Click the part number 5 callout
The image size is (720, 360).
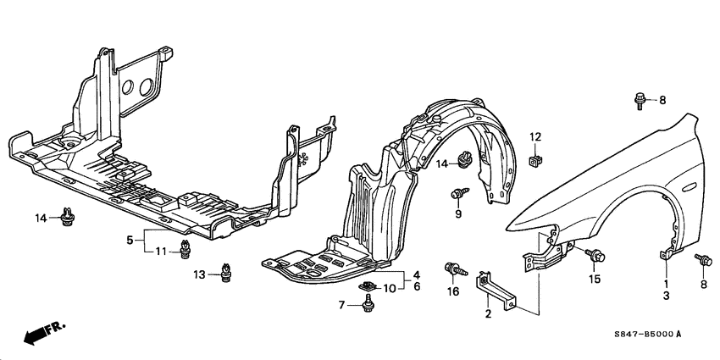pos(130,240)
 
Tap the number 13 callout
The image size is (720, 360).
pos(199,274)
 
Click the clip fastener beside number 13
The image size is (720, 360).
pos(226,272)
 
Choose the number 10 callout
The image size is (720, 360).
pos(389,289)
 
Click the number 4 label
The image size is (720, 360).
pos(416,275)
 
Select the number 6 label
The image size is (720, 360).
pos(416,288)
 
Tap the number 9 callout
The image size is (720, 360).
pos(457,215)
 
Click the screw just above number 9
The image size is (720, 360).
pos(458,195)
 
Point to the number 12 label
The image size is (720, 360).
pos(534,136)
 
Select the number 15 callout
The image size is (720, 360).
pos(595,279)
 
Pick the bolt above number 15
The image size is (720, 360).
pos(596,254)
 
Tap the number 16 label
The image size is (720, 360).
pos(453,292)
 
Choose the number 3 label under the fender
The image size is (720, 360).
pos(666,296)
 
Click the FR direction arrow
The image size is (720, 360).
pos(42,332)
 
